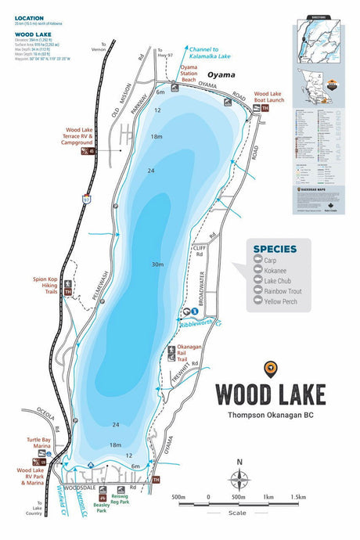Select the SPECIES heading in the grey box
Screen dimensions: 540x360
(275, 250)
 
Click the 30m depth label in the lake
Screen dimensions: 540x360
(158, 265)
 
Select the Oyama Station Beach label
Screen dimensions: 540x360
(189, 74)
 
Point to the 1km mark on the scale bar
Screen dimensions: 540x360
(267, 496)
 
